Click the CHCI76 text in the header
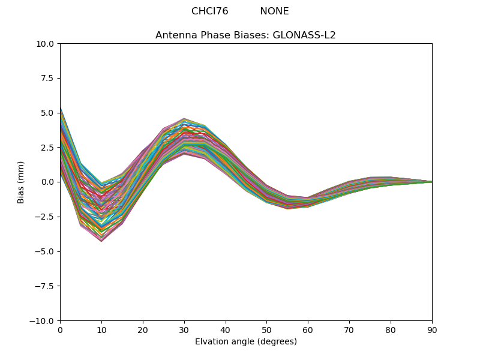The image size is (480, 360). pyautogui.click(x=209, y=11)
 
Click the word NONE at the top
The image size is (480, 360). pyautogui.click(x=274, y=11)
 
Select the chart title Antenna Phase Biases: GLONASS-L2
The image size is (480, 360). pyautogui.click(x=245, y=35)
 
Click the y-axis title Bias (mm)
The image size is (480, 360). pyautogui.click(x=21, y=182)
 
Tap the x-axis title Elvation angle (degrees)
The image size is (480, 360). pyautogui.click(x=245, y=342)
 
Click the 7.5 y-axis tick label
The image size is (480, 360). pyautogui.click(x=47, y=78)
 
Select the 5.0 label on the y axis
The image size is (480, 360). pyautogui.click(x=47, y=113)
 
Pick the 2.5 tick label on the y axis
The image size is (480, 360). pyautogui.click(x=47, y=148)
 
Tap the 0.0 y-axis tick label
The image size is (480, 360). pyautogui.click(x=47, y=182)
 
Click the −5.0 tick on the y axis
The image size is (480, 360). pyautogui.click(x=45, y=251)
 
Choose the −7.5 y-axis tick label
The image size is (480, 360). pyautogui.click(x=45, y=286)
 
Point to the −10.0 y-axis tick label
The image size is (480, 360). pyautogui.click(x=43, y=320)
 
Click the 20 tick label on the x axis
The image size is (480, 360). pyautogui.click(x=143, y=330)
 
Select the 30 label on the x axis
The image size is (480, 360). pyautogui.click(x=184, y=330)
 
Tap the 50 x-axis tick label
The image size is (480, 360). pyautogui.click(x=266, y=330)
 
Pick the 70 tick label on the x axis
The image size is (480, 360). pyautogui.click(x=349, y=330)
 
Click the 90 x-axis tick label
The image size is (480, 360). pyautogui.click(x=431, y=330)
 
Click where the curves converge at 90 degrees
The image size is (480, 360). pyautogui.click(x=431, y=182)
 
